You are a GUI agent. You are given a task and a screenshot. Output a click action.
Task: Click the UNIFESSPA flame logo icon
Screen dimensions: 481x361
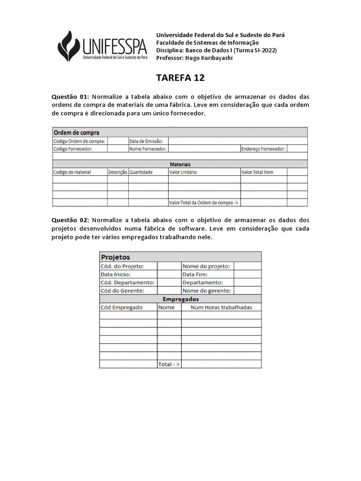[69, 45]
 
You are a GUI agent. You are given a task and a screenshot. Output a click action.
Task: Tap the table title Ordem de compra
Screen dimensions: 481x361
[76, 132]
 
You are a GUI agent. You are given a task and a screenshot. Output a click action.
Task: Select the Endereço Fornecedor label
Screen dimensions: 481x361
[263, 148]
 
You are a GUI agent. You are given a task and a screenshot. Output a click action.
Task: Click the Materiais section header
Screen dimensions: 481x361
[180, 164]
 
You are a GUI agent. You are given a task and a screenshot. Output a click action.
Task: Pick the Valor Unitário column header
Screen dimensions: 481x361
[183, 172]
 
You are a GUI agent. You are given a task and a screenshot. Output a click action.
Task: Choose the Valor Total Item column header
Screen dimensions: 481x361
[257, 172]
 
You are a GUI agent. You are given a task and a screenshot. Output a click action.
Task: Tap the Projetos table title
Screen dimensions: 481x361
[116, 257]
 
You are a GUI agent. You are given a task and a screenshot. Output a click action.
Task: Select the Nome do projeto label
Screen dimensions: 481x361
[206, 266]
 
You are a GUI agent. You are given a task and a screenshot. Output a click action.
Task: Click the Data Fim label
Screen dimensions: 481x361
[195, 274]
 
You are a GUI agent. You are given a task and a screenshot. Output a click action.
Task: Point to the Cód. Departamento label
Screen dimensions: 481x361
[127, 282]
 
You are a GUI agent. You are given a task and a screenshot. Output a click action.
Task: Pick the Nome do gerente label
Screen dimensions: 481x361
[206, 291]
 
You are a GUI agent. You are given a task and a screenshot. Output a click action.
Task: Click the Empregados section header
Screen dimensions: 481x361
[180, 299]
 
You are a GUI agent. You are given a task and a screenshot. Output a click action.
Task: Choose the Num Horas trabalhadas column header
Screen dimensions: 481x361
[221, 307]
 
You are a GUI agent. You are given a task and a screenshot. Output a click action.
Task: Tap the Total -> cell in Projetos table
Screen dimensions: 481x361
[169, 364]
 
